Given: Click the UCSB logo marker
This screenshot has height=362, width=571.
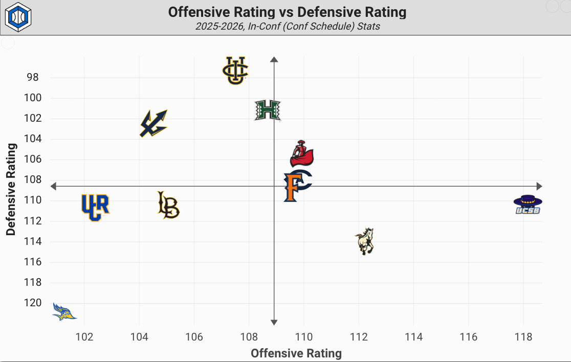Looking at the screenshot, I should click(x=528, y=205).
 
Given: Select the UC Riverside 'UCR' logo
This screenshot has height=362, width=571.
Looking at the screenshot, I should click(x=95, y=207).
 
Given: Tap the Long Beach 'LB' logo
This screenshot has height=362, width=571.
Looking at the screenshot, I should click(x=168, y=205).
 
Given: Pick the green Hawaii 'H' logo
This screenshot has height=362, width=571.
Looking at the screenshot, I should click(x=268, y=110).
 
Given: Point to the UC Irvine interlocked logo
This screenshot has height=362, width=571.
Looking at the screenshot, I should click(x=235, y=70).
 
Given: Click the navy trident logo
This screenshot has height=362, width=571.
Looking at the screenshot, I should click(x=153, y=123).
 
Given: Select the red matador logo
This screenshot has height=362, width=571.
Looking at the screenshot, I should click(x=301, y=154).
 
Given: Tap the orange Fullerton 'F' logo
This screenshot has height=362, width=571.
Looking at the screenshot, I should click(x=296, y=186).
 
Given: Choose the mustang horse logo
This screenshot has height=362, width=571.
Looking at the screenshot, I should click(x=365, y=241).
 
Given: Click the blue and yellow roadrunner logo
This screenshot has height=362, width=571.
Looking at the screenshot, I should click(x=64, y=311).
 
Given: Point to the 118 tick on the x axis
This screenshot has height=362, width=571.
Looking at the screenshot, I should click(x=523, y=337).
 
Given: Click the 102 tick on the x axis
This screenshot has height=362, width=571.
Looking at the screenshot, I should click(x=84, y=337).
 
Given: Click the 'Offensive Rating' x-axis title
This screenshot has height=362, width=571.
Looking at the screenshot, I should click(x=296, y=353).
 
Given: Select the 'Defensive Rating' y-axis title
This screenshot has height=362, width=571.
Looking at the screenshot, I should click(x=11, y=189).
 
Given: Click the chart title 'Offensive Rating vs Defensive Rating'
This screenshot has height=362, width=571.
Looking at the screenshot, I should click(x=287, y=12).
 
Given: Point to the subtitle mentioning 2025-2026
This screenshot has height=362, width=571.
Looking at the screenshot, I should click(x=287, y=26).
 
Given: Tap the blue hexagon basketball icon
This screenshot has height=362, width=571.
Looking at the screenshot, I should click(x=18, y=16).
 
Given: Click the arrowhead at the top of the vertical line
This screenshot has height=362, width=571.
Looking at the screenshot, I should click(x=274, y=60).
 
